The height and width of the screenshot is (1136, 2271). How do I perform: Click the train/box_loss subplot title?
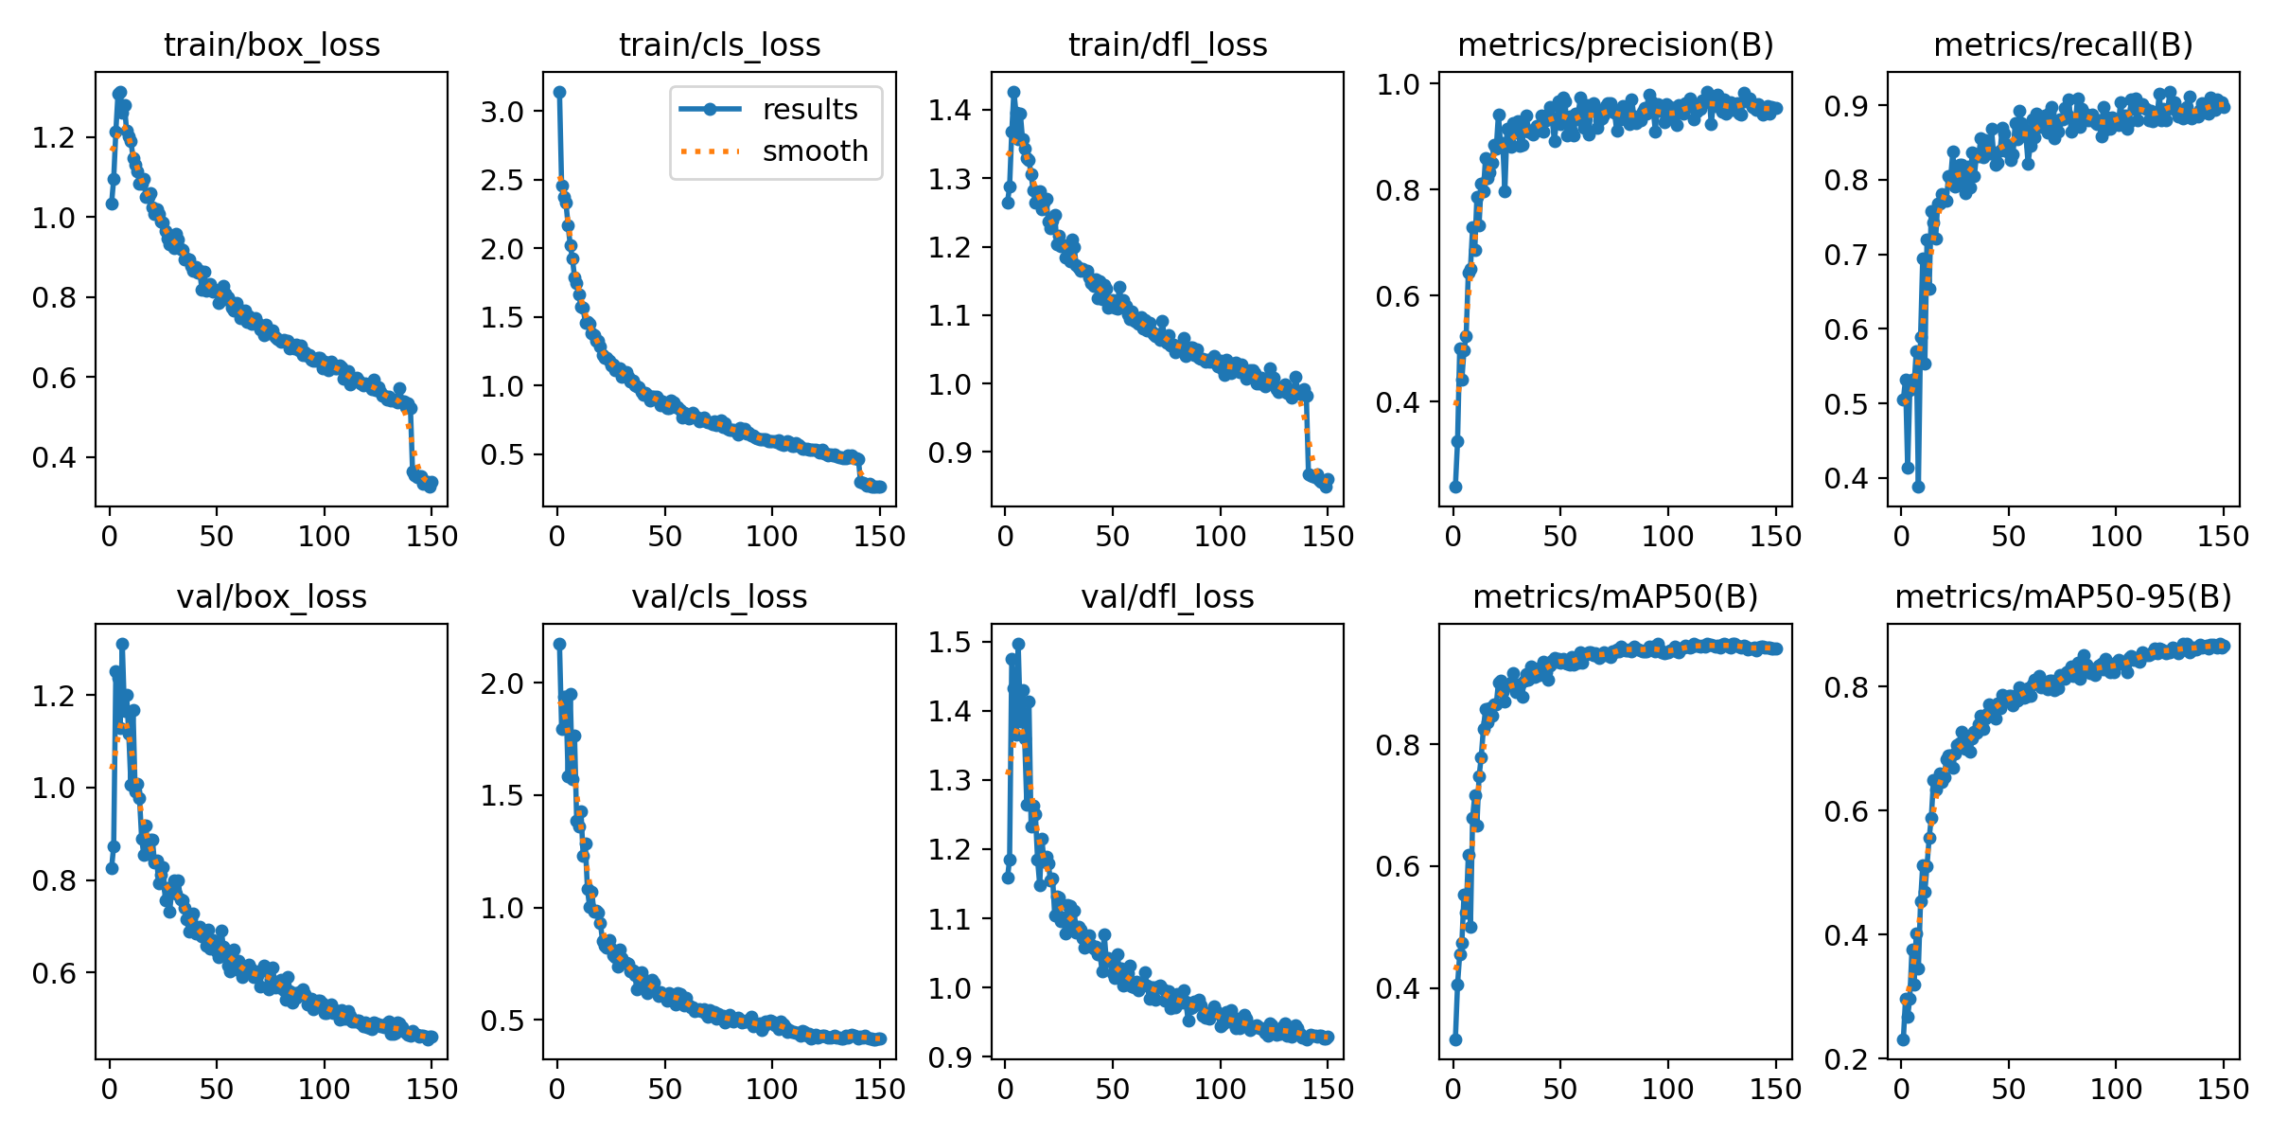tap(272, 44)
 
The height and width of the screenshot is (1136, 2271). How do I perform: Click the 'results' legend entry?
tap(809, 110)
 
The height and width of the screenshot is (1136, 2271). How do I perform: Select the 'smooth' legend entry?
tap(815, 151)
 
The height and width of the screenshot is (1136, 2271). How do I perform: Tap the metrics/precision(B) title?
tap(1615, 44)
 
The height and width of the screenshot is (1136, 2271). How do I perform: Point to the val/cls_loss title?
tap(719, 596)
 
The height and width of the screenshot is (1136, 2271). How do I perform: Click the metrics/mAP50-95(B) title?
tap(2063, 596)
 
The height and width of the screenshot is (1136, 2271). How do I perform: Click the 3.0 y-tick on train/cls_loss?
tap(502, 112)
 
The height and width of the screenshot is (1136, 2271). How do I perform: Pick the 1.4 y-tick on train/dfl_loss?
tap(949, 111)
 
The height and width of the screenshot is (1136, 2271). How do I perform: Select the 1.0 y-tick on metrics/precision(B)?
tap(1398, 84)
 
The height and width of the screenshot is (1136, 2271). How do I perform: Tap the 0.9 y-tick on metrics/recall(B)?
tap(1846, 106)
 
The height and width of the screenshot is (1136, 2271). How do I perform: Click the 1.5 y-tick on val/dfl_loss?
tap(949, 642)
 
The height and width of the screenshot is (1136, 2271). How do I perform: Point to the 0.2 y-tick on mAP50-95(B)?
tap(1846, 1058)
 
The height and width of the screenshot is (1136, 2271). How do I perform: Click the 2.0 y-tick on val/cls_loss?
tap(502, 683)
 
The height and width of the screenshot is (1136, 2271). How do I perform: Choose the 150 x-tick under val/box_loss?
tap(432, 1089)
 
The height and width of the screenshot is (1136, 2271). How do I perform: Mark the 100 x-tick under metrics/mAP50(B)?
tap(1667, 1089)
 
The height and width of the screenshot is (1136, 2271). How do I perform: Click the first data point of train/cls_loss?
tap(559, 92)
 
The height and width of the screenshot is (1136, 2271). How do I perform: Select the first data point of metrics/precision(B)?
tap(1455, 487)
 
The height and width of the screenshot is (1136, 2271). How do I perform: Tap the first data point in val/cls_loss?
tap(559, 644)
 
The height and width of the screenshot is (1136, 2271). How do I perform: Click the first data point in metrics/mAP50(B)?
tap(1455, 1039)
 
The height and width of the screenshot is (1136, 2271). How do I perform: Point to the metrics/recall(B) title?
tap(2063, 44)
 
